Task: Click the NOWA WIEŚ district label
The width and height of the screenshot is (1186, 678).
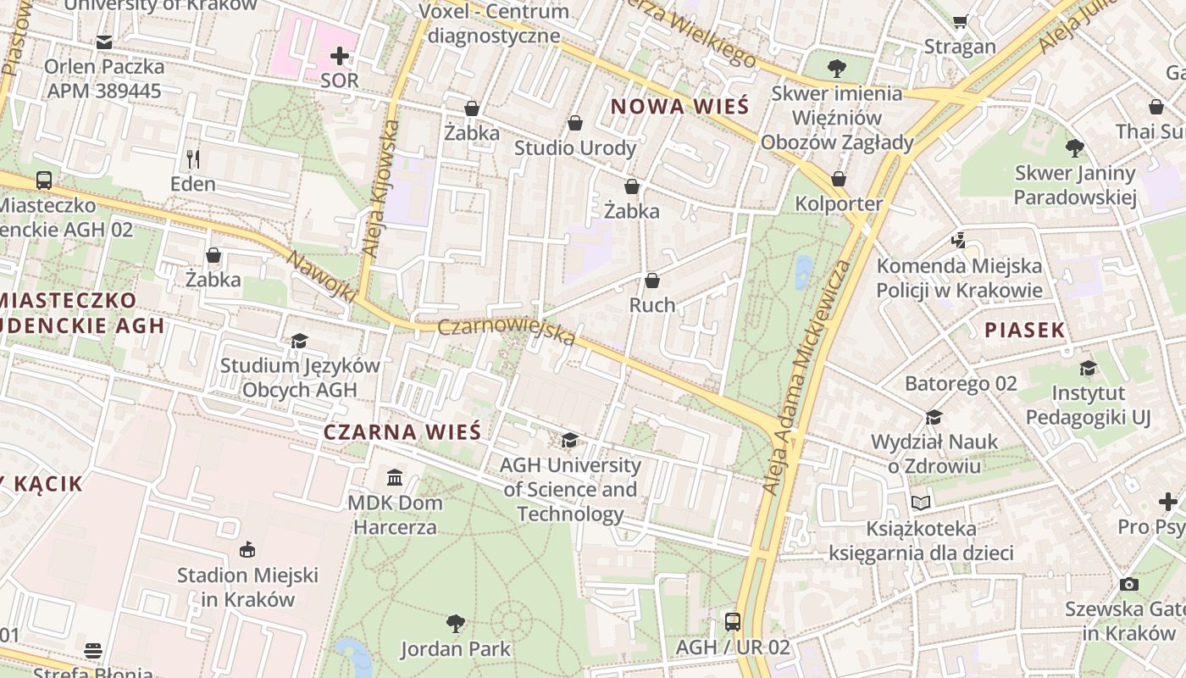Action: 679,107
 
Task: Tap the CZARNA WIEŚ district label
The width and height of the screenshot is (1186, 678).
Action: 402,432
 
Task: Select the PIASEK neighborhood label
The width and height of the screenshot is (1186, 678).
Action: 1024,331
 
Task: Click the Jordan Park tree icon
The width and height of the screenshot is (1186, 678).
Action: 456,624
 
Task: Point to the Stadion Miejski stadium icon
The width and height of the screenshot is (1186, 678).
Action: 247,550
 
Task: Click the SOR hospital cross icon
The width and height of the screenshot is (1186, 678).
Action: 340,57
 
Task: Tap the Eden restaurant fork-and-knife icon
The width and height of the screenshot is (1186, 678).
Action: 193,158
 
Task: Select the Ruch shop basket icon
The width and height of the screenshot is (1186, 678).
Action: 652,281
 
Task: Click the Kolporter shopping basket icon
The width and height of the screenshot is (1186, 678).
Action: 839,179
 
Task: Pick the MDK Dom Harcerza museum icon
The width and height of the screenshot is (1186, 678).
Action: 395,477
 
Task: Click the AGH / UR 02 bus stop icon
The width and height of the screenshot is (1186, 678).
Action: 733,622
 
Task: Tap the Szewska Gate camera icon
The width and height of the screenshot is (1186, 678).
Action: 1128,584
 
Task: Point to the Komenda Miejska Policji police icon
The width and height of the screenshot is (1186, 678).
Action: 958,241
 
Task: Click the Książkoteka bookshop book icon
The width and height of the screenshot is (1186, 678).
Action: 921,503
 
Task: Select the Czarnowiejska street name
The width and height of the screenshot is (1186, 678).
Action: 507,332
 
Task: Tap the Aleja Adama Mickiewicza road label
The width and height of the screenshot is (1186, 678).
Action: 806,377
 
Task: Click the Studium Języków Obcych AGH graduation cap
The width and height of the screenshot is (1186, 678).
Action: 299,341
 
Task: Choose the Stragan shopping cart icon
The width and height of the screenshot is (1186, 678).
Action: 960,21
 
